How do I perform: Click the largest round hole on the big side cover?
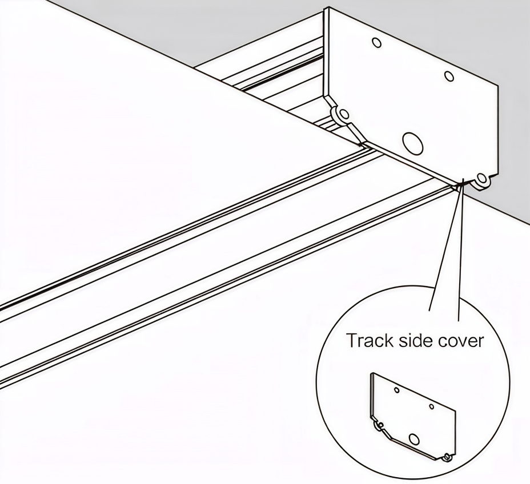point(412,144)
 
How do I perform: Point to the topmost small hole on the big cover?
point(376,43)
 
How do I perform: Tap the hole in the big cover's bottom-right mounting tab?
point(481,178)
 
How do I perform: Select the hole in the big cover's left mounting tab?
point(344,114)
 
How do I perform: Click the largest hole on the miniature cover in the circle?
point(413,439)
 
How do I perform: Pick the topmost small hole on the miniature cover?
point(397,390)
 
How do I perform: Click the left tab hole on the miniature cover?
point(381,425)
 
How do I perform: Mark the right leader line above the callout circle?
point(461,251)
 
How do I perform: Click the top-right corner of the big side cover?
point(498,86)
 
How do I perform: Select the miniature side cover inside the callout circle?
point(413,417)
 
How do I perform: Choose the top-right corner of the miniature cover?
point(456,412)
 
